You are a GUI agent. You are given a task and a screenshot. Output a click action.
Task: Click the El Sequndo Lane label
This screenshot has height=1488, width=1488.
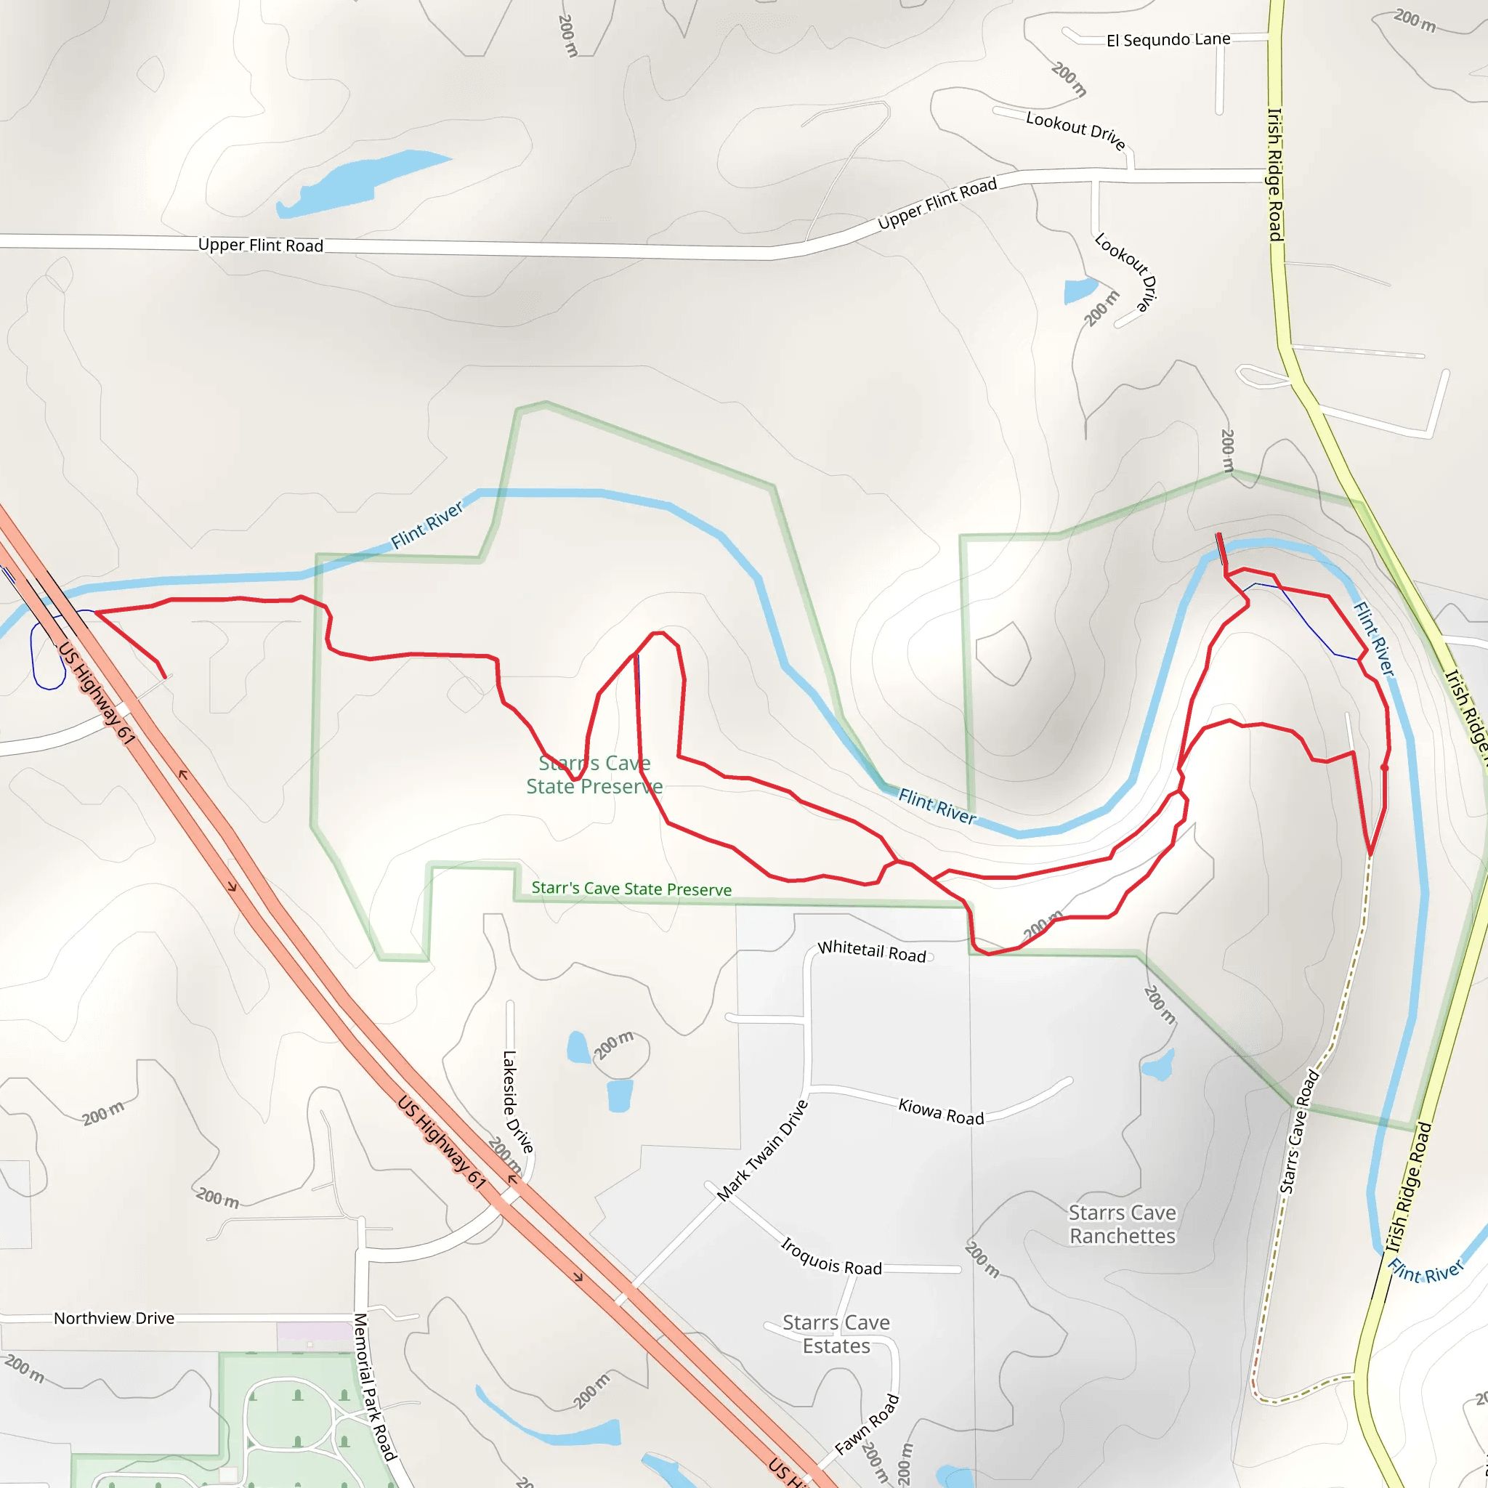[1168, 39]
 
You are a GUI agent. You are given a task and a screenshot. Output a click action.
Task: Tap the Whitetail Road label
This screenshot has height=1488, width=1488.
[871, 951]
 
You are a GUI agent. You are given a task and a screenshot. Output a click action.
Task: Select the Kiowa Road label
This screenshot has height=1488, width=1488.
[940, 1112]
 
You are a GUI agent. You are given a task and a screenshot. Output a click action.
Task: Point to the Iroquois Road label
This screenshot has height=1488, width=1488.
[831, 1256]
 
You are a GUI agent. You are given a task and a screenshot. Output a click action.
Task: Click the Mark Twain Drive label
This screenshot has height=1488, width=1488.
[761, 1151]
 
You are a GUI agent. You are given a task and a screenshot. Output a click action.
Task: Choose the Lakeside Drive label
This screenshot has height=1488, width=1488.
[517, 1101]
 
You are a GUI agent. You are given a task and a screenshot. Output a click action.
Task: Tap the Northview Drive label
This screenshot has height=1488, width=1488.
[114, 1319]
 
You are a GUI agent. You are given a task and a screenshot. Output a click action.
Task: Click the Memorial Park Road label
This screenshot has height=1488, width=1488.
[374, 1387]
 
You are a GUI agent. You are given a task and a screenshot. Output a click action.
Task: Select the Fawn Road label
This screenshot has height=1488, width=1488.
[867, 1425]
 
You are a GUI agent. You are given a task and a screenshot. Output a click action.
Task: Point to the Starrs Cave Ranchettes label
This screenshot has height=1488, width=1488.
[1122, 1224]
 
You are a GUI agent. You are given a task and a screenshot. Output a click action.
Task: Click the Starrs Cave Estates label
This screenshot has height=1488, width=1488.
[836, 1334]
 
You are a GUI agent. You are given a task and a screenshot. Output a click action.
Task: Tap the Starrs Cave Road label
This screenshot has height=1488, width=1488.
[1298, 1131]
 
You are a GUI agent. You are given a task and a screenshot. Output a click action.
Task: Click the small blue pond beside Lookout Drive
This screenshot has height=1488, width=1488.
[1079, 291]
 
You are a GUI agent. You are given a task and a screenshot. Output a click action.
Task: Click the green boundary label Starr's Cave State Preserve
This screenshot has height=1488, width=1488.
[631, 889]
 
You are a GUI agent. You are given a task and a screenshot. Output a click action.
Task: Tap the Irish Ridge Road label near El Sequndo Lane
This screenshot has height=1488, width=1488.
[1275, 174]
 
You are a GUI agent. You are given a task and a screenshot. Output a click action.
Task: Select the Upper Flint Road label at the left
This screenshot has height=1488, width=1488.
[260, 245]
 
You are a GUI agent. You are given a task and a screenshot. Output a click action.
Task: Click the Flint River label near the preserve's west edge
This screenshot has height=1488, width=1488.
[426, 525]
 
